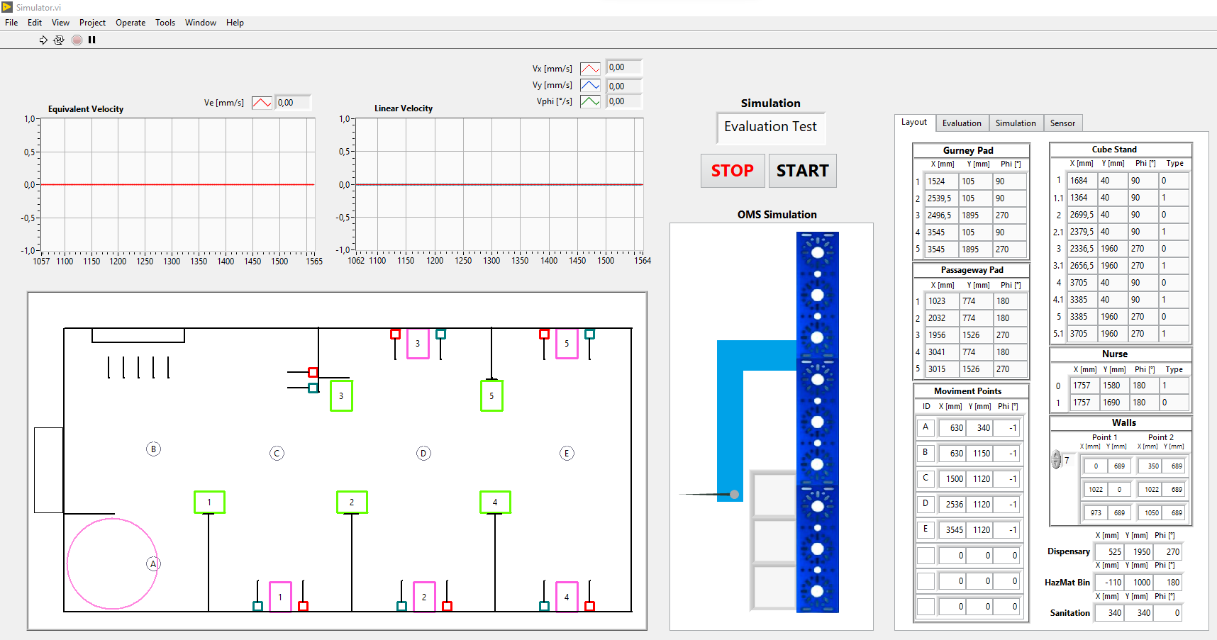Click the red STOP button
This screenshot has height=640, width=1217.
(x=733, y=171)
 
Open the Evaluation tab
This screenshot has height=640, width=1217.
(x=962, y=123)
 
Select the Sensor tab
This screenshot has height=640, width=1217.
(x=1062, y=123)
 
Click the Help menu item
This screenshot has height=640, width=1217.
(x=235, y=23)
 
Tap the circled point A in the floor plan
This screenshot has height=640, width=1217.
(x=153, y=564)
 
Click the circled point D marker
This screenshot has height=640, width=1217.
(x=423, y=454)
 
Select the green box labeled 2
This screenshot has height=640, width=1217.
(x=352, y=502)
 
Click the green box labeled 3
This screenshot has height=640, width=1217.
(x=341, y=396)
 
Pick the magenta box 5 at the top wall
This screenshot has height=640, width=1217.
(x=567, y=344)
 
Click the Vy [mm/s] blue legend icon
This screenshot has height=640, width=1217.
(x=590, y=85)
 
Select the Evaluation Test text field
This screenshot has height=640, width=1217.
(x=771, y=128)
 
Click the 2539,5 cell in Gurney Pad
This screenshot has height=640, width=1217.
(x=940, y=198)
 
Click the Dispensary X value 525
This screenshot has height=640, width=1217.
(x=1111, y=552)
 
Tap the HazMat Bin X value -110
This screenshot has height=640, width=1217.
(x=1111, y=583)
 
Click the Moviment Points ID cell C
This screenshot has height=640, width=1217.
(x=926, y=478)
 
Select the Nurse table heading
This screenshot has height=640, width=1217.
(x=1115, y=354)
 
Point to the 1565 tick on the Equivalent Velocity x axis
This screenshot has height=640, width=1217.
(x=314, y=262)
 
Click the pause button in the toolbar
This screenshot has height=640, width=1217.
(x=91, y=40)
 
